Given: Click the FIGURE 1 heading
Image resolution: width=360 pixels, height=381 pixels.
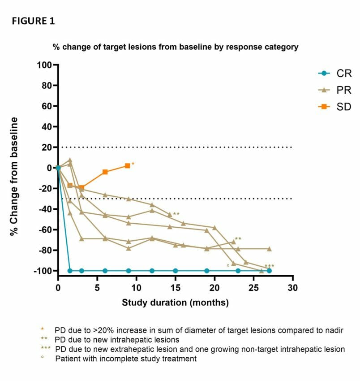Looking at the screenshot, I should pos(34,21).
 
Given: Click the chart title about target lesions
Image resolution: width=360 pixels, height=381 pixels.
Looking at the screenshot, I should pos(176,47).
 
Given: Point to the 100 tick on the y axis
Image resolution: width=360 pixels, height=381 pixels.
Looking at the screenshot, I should pos(45,65).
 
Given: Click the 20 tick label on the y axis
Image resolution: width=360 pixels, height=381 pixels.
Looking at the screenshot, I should pos(47,147).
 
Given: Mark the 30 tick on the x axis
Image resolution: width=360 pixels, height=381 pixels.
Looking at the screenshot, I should pos(293,287).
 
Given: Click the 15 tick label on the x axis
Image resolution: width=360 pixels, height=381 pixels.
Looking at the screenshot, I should pos(176,287).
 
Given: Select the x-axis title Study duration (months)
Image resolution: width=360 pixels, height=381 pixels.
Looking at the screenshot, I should pos(175,303).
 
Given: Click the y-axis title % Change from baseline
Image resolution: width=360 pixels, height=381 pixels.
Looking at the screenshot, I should pos(15,177).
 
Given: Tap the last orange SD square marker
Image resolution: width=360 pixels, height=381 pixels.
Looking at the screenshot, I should pos(128,166).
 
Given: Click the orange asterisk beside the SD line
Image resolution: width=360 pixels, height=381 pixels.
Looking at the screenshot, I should pos(133,165).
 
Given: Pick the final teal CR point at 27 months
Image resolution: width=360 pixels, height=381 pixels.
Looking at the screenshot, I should pos(269,271).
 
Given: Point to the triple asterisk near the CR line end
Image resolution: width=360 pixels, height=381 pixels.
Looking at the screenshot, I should pos(269,266).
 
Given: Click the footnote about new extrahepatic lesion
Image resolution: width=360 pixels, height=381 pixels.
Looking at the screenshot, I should pos(200,349).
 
